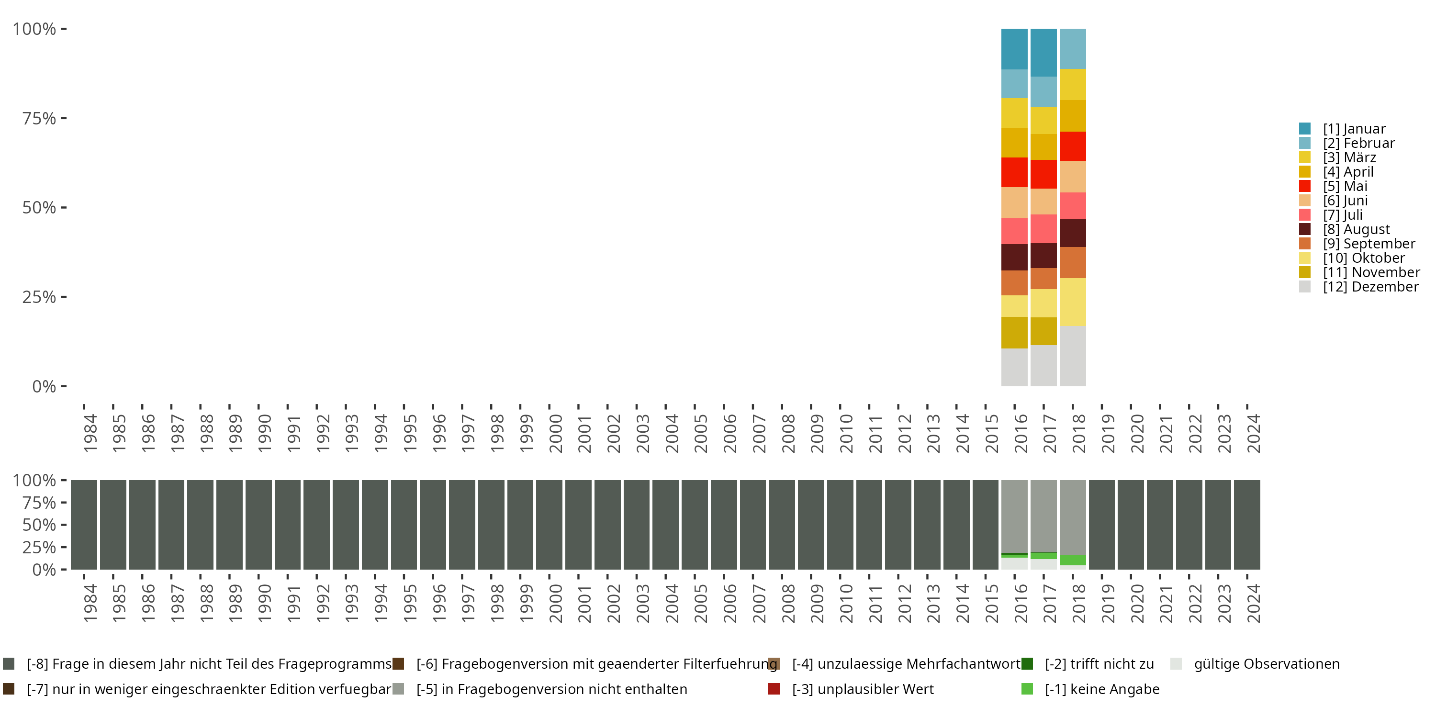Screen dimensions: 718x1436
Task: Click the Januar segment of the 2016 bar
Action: coord(1014,49)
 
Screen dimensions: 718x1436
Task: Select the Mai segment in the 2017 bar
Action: coord(1043,174)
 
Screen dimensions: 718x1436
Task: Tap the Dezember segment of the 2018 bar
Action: coord(1072,356)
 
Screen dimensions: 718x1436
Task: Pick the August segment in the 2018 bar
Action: coord(1072,233)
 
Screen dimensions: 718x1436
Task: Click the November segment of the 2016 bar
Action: coord(1014,332)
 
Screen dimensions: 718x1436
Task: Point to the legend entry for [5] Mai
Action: coord(1345,186)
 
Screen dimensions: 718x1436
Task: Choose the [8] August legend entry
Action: coord(1356,229)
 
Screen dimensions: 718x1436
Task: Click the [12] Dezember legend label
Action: coord(1370,287)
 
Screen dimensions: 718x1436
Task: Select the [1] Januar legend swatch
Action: coord(1304,129)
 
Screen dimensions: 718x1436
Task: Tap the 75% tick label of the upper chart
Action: coord(39,118)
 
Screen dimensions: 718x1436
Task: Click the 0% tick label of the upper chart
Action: coord(44,386)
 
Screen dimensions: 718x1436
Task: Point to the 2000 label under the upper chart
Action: coord(555,433)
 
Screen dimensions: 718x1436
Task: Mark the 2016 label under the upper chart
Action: coord(1020,433)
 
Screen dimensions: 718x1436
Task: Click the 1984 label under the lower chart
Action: coord(90,603)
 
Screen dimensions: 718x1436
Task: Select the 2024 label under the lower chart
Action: coord(1253,603)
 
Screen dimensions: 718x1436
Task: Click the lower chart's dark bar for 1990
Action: coord(258,525)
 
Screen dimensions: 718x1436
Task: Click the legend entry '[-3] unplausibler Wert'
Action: coord(863,689)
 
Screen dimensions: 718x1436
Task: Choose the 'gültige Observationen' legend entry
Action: coord(1266,664)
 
